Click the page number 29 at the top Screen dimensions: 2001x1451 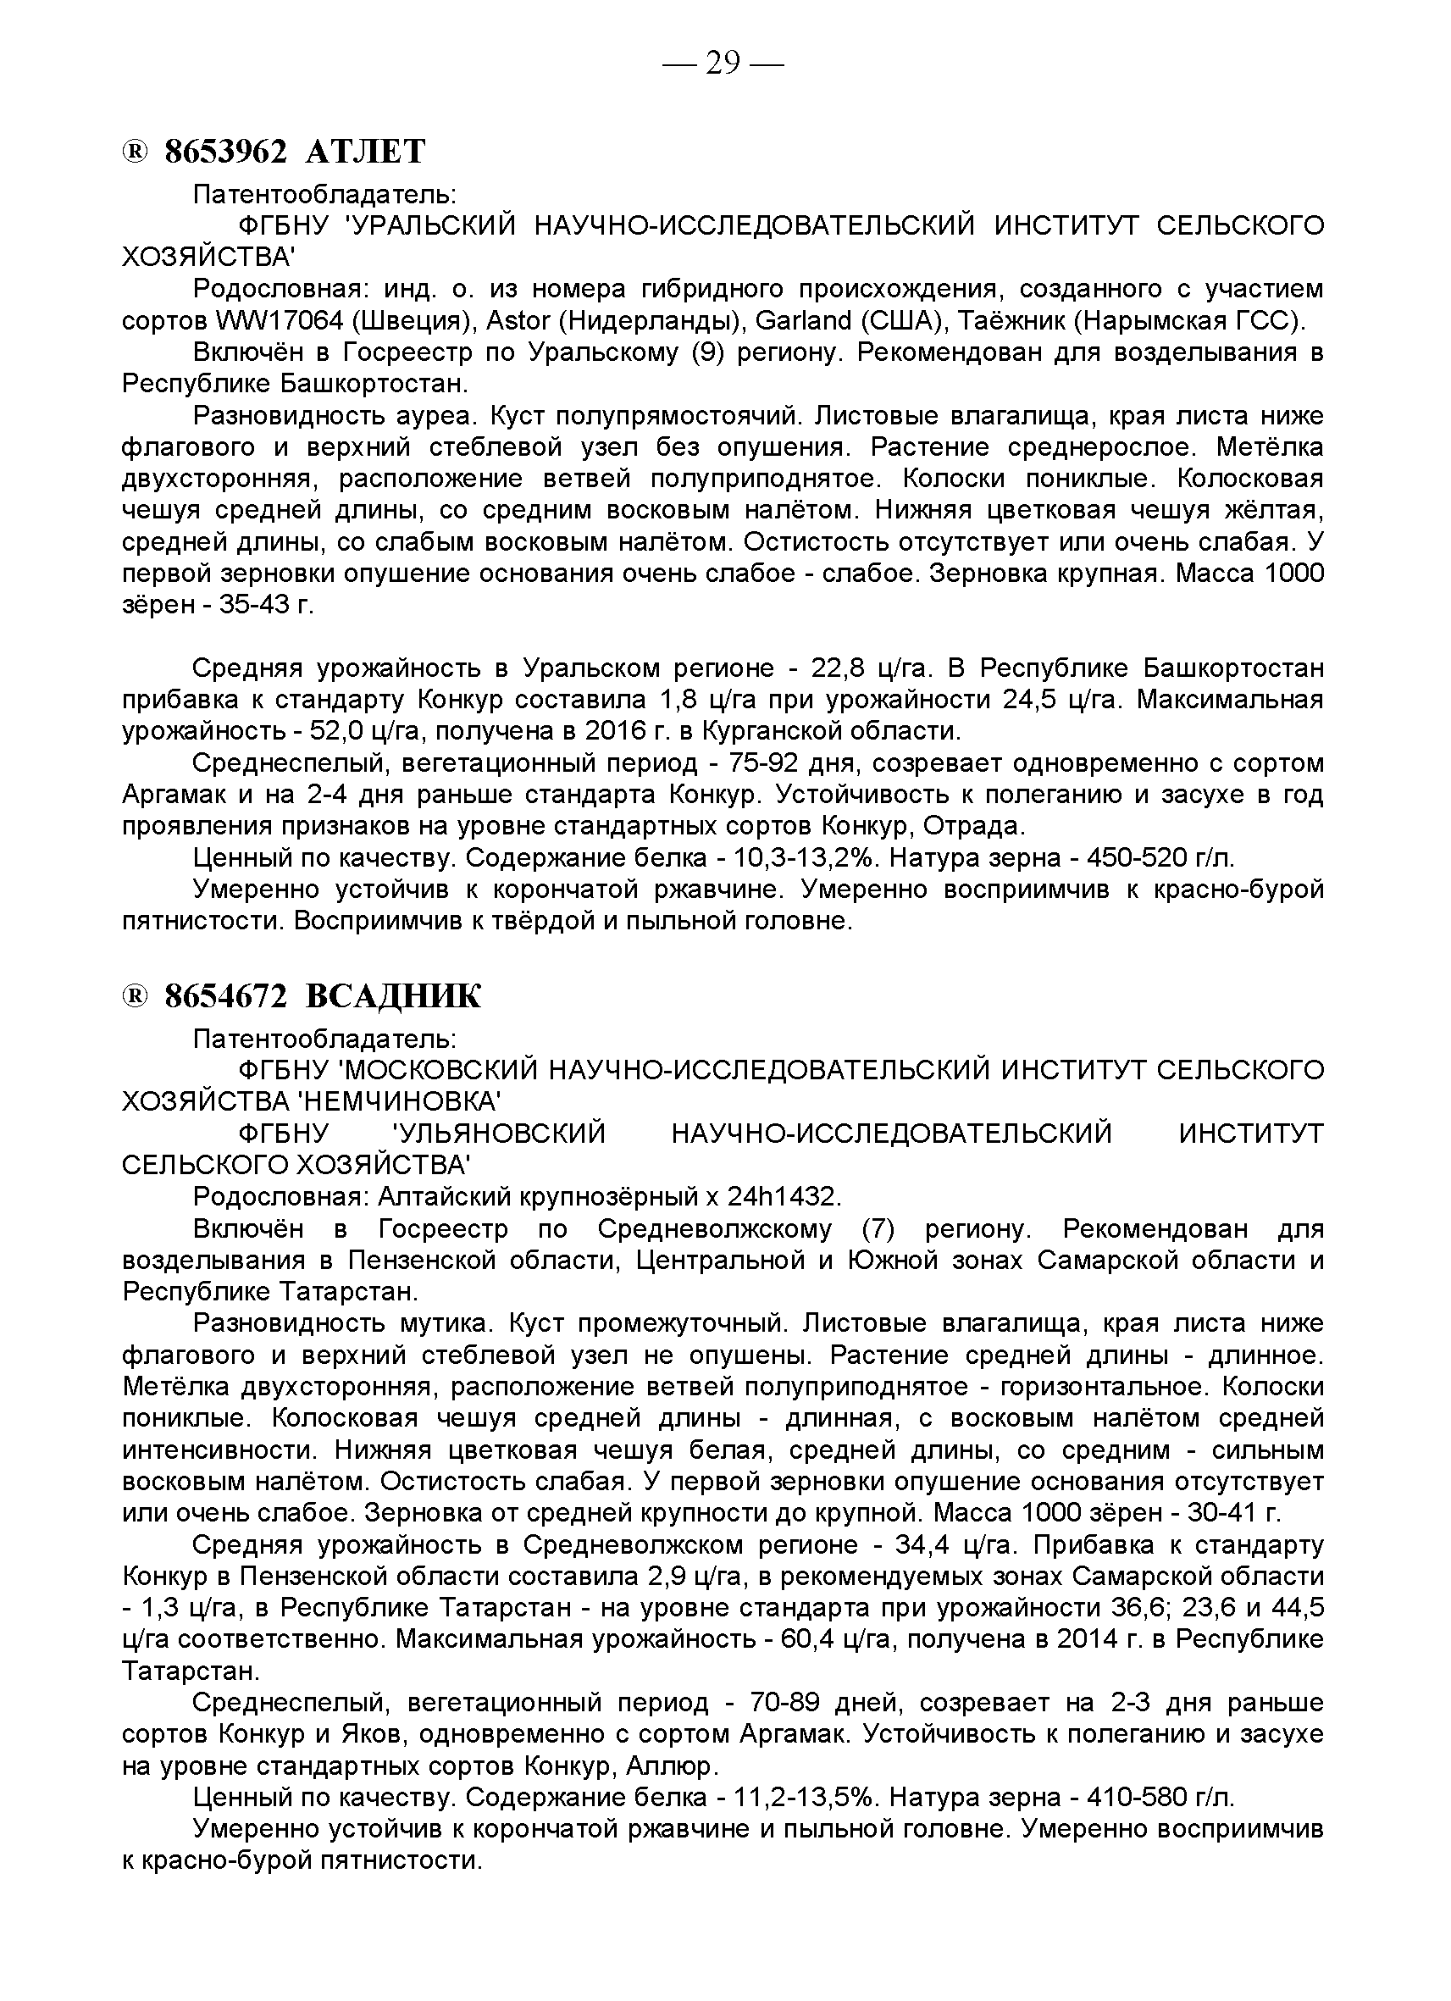coord(723,64)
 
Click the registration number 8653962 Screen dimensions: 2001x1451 coord(227,152)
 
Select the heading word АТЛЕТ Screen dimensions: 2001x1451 coord(365,152)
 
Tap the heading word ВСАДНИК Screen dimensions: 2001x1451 coord(393,996)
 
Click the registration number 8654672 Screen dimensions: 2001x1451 coord(227,996)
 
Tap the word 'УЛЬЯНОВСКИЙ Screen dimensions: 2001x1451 coord(499,1133)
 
